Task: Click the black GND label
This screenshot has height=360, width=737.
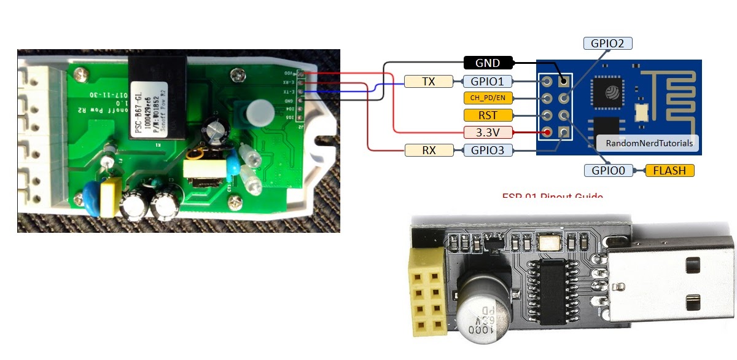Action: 488,63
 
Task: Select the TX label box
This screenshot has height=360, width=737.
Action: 429,81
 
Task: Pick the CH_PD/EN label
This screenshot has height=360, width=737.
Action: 487,98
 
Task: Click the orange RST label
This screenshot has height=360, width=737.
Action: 488,115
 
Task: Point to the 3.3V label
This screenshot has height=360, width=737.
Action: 488,131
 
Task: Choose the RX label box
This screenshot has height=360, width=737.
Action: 429,149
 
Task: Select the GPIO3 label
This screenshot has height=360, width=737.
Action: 487,149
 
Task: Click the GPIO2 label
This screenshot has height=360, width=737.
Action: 607,44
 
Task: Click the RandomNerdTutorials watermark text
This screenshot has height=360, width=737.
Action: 649,143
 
